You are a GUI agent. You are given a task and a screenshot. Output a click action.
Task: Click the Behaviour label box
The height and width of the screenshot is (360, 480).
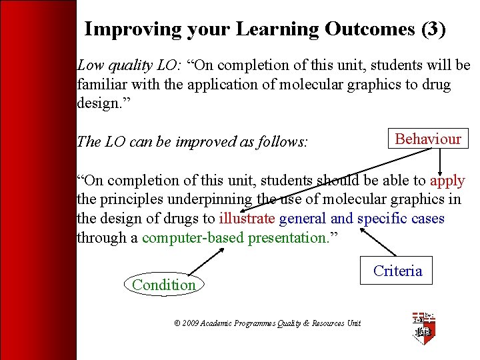pyautogui.click(x=428, y=139)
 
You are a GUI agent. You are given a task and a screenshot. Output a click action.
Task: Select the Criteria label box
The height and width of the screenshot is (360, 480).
pyautogui.click(x=397, y=271)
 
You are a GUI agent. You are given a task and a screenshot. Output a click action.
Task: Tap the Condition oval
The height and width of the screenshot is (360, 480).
pyautogui.click(x=164, y=285)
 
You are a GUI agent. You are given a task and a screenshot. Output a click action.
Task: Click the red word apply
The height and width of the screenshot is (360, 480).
pyautogui.click(x=447, y=181)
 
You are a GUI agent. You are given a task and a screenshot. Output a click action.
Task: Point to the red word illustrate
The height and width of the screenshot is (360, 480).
pyautogui.click(x=247, y=219)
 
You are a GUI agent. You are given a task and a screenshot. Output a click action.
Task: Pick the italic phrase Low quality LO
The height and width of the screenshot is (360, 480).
pyautogui.click(x=125, y=65)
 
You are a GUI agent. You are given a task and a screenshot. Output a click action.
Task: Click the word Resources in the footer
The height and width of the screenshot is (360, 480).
pyautogui.click(x=329, y=323)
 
